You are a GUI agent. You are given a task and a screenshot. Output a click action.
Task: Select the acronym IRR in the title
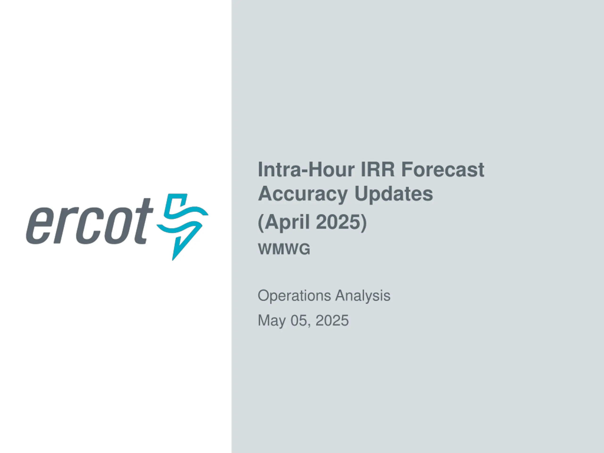[x=378, y=170]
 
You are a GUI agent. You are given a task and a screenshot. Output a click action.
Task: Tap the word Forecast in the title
[x=442, y=170]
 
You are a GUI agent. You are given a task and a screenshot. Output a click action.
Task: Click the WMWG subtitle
[x=284, y=249]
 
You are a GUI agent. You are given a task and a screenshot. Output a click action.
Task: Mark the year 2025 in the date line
[x=332, y=320]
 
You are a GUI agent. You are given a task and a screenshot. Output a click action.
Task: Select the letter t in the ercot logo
[x=143, y=221]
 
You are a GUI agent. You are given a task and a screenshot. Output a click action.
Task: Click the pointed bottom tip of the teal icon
[x=172, y=260]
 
